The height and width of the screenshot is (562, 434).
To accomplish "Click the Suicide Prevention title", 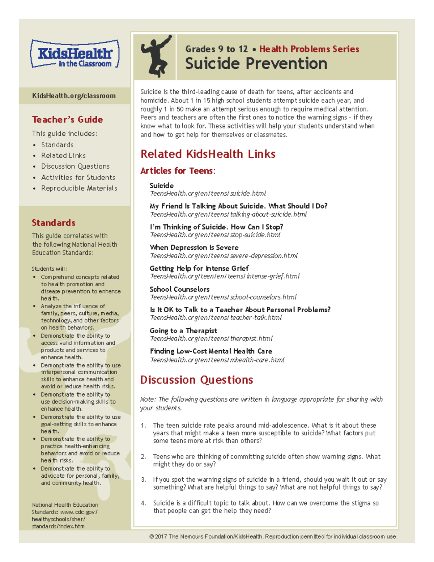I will click(x=256, y=64).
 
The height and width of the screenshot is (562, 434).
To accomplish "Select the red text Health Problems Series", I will click(x=309, y=49).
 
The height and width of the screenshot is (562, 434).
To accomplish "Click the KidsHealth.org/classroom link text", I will click(x=74, y=96).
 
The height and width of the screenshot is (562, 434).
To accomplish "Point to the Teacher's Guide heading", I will click(x=67, y=119).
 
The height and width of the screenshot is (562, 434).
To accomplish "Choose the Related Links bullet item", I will click(x=63, y=156).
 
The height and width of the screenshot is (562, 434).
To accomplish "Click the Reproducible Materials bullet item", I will click(x=79, y=188).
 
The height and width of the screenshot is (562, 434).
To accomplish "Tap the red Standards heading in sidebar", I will click(x=54, y=223).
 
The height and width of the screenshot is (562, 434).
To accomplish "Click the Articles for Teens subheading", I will click(x=178, y=171).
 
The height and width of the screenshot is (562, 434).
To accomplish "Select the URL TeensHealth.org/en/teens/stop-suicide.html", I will click(x=215, y=235).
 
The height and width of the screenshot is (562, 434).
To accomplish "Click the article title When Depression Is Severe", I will click(x=194, y=248).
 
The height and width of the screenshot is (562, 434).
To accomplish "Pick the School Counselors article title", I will click(x=179, y=289).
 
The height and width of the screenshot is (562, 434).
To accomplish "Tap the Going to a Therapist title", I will click(x=183, y=331).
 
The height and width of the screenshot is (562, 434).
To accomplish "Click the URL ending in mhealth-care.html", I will click(x=217, y=360).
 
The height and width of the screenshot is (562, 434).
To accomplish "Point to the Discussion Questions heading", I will click(x=196, y=380).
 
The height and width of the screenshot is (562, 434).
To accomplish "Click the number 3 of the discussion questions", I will click(x=143, y=479).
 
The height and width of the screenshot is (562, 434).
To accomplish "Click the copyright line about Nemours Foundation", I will click(x=273, y=537).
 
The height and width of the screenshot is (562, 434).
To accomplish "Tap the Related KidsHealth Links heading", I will click(x=208, y=154).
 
